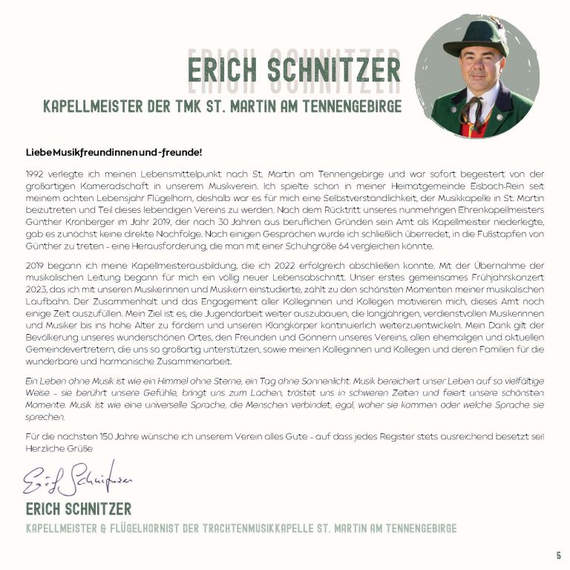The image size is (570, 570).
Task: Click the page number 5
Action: point(558,555)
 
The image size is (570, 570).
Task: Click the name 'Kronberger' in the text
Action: point(88,223)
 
